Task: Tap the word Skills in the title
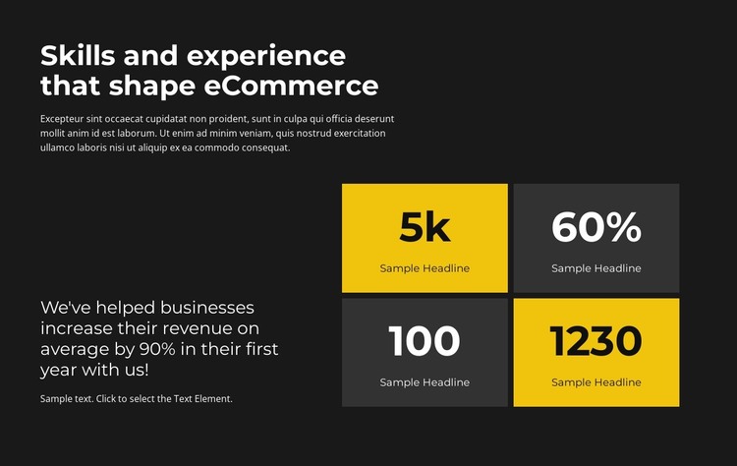[74, 55]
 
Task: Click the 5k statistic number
[425, 227]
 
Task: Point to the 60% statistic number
[595, 227]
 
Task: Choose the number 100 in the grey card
[425, 341]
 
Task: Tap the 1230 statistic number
[595, 341]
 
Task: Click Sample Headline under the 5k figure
[425, 268]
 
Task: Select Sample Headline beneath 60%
[595, 268]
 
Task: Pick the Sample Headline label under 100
[425, 382]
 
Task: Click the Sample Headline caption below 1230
[595, 382]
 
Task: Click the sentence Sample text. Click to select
[136, 398]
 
